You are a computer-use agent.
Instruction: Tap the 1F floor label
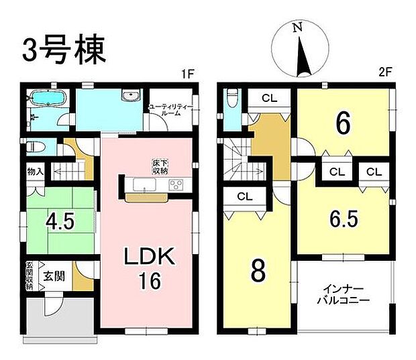coord(187,76)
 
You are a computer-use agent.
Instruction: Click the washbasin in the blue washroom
coord(128,97)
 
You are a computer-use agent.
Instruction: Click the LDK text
coord(150,258)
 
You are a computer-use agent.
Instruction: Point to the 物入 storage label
coord(36,172)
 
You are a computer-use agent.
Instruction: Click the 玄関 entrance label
coord(55,276)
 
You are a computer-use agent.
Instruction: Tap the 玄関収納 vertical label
coord(30,276)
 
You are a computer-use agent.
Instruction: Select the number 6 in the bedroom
coord(342,124)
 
